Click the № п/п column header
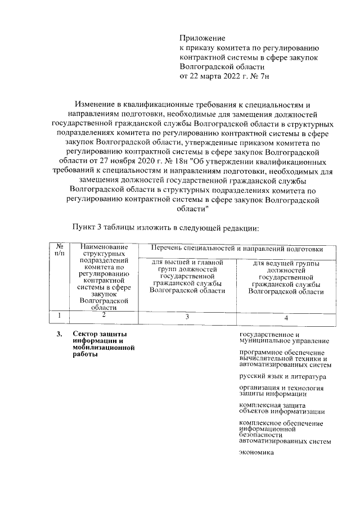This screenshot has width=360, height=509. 58,250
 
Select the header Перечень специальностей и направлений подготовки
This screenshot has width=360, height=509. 236,249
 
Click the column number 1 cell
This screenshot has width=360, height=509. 58,316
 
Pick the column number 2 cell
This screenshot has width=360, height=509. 103,316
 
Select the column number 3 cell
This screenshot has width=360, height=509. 187,318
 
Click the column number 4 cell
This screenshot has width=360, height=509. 286,318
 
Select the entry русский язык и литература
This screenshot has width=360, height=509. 282,376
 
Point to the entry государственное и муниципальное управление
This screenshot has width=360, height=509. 284,337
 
